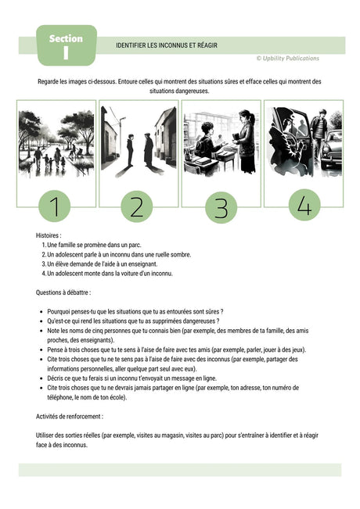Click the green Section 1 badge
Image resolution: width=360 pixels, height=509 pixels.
67,45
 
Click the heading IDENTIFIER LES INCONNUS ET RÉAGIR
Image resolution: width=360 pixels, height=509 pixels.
166,45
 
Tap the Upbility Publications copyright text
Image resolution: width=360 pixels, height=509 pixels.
287,58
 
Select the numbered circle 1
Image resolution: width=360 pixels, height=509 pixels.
55,207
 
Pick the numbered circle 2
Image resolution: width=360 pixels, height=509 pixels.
137,207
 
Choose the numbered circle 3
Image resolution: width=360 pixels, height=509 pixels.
221,208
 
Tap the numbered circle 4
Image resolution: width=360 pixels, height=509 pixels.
304,205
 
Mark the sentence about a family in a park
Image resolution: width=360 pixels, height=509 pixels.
94,245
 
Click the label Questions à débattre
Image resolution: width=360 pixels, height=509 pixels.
68,292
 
